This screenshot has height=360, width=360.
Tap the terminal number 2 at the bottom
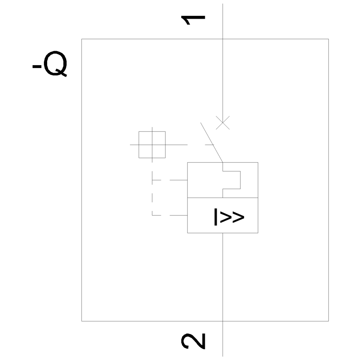(x=193, y=341)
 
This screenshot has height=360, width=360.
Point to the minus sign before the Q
(x=37, y=66)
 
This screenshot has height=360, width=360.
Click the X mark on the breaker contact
(x=223, y=123)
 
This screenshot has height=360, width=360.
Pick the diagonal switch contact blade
(x=212, y=143)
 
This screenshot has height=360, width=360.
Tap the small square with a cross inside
(x=152, y=145)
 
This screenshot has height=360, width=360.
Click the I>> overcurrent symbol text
(x=229, y=217)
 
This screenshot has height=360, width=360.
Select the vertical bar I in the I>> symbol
(x=215, y=217)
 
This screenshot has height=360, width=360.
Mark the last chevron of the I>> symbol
(x=238, y=217)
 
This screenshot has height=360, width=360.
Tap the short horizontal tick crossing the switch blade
(x=210, y=145)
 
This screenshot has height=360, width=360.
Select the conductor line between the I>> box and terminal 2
(x=223, y=277)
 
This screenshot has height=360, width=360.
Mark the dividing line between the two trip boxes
(x=222, y=198)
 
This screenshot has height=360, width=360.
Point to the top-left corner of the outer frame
(x=82, y=39)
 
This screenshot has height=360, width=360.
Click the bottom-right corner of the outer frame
(x=328, y=321)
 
